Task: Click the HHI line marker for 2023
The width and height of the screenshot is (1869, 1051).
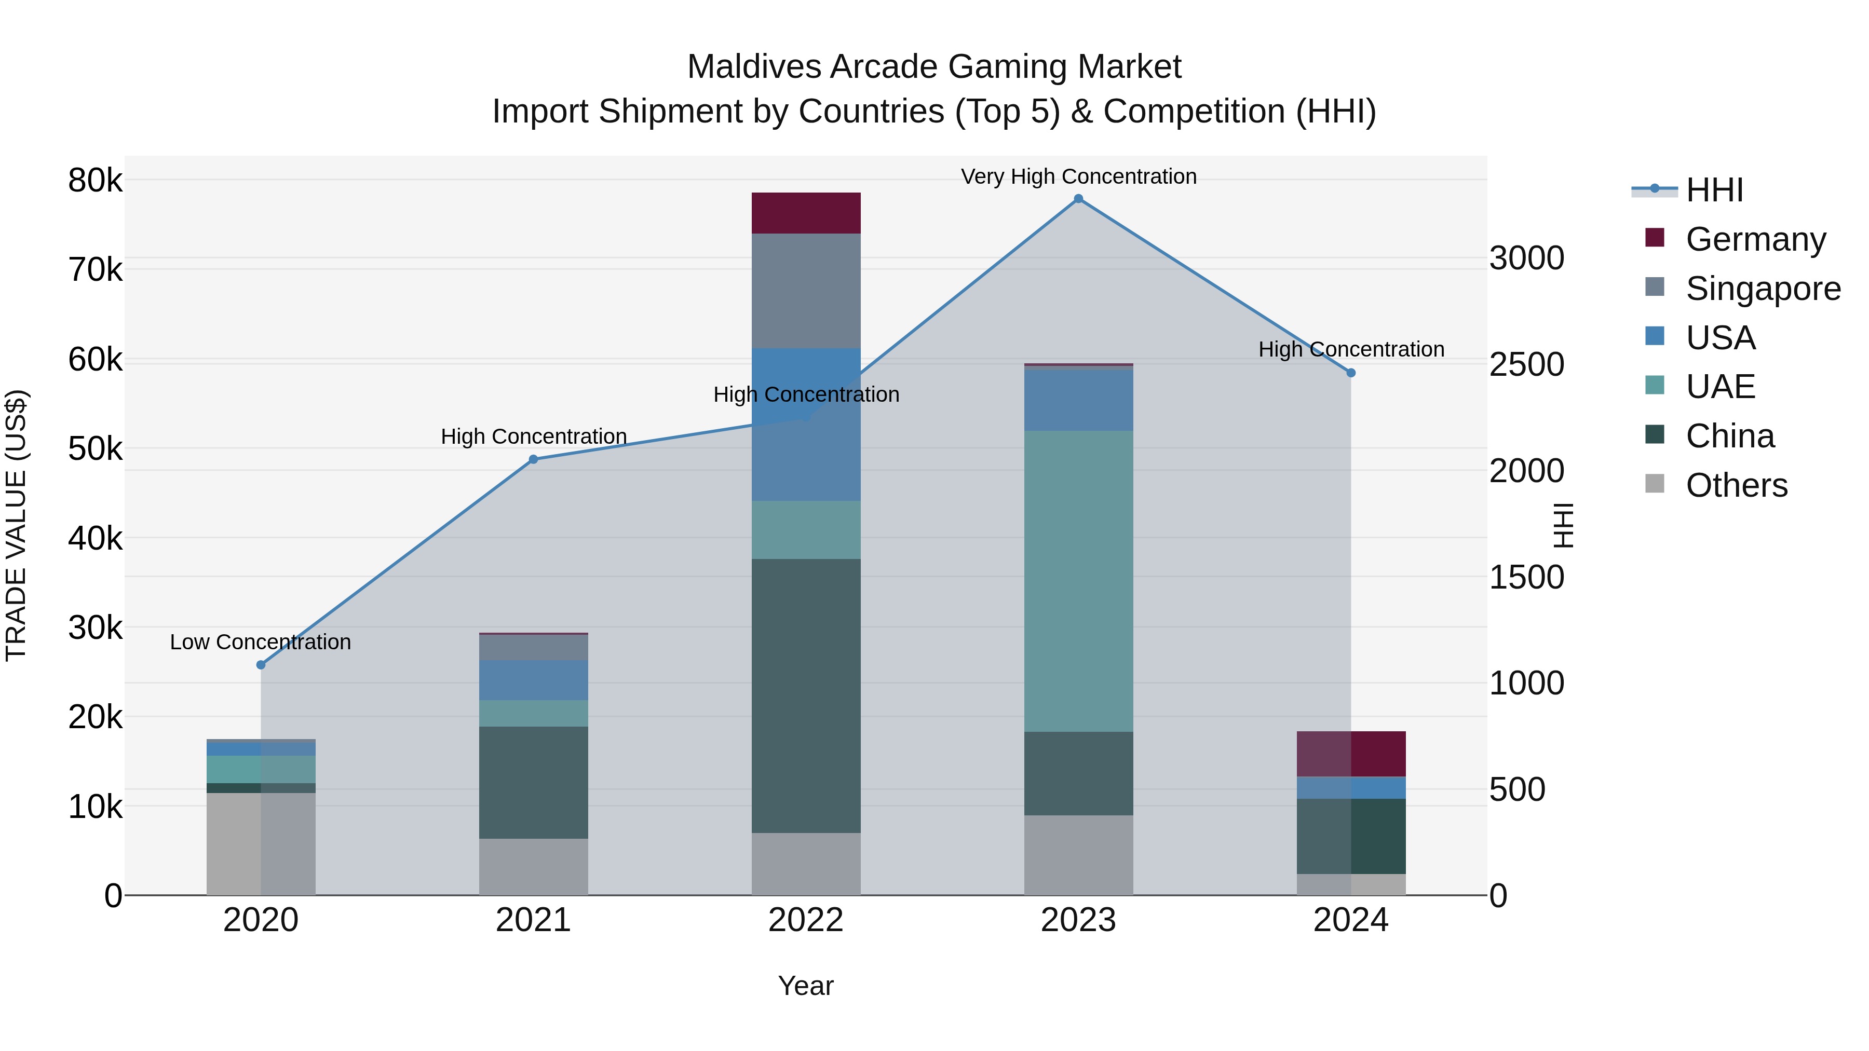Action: point(1078,199)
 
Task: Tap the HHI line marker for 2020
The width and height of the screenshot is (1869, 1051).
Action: point(261,664)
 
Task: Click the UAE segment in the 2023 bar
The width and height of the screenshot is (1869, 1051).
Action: point(1078,580)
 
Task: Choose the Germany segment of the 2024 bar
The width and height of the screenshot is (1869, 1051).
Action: point(1351,754)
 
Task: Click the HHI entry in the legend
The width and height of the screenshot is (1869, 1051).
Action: point(1714,190)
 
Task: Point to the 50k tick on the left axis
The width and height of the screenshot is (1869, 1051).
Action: point(96,449)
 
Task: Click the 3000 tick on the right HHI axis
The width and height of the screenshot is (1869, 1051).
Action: point(1526,258)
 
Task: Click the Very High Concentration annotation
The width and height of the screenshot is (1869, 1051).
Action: point(1078,176)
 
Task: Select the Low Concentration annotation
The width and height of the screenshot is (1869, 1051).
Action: point(261,642)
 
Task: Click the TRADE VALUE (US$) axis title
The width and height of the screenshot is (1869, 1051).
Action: point(16,525)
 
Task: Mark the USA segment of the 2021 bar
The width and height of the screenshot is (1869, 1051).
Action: point(533,679)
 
